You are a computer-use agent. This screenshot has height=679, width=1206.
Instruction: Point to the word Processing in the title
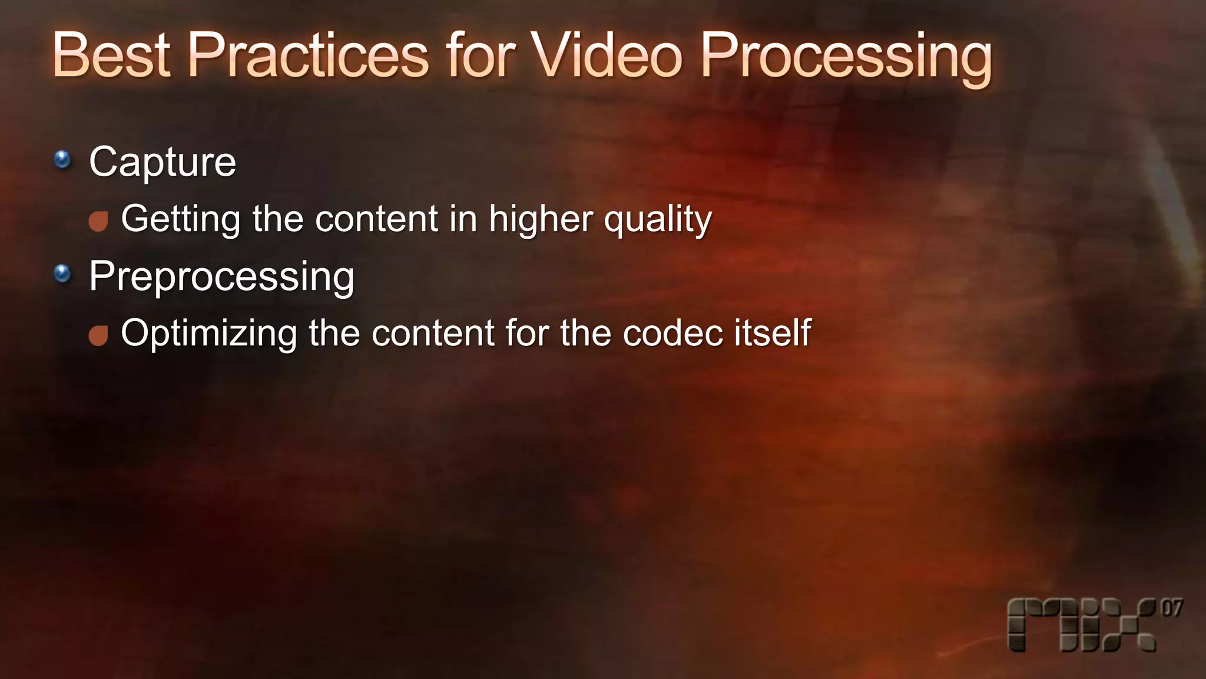[846, 58]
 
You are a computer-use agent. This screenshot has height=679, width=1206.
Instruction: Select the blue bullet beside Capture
[62, 159]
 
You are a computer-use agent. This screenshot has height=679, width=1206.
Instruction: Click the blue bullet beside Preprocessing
[62, 273]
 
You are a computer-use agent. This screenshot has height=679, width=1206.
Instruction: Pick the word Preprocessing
[222, 276]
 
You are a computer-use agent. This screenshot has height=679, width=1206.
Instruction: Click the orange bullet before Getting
[98, 222]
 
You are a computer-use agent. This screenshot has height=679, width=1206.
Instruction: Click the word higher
[541, 219]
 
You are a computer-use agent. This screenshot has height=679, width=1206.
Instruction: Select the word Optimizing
[209, 334]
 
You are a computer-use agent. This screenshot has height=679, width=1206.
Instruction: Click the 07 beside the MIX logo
[1171, 608]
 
